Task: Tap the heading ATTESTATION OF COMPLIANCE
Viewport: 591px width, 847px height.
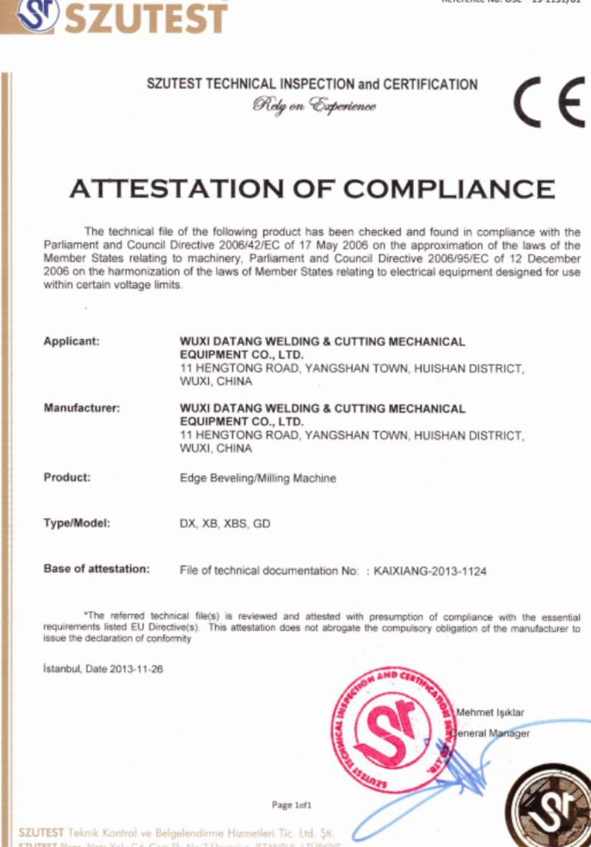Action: [312, 189]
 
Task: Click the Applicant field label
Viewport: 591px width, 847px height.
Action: [72, 342]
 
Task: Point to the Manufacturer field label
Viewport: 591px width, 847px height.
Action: [81, 408]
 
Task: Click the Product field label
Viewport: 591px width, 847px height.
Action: [67, 477]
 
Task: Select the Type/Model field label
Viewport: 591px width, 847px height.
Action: [77, 523]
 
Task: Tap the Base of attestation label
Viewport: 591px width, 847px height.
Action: [97, 569]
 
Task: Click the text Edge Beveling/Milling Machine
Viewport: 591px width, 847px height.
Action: [258, 478]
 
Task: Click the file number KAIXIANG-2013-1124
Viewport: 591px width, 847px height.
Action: [431, 571]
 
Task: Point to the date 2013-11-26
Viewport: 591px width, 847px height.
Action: [137, 669]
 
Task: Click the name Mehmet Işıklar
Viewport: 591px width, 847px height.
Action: [490, 712]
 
